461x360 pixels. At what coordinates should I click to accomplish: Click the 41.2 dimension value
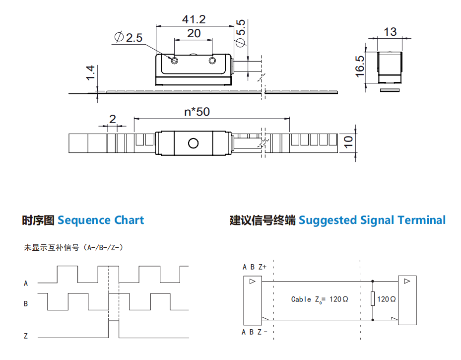coord(194,19)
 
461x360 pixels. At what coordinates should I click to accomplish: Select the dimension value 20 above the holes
coord(194,33)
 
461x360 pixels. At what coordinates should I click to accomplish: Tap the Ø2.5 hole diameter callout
coord(129,37)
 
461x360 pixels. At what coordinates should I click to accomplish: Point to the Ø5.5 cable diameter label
coord(241,33)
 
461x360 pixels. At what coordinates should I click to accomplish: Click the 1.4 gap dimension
coord(90,72)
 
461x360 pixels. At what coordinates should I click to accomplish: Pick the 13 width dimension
coord(390,32)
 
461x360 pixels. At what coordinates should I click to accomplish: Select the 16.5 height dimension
coord(360,67)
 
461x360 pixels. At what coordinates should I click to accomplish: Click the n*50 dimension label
coord(197,112)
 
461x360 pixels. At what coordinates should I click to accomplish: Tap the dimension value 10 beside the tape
coord(348,142)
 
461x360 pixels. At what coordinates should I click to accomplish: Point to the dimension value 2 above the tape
coord(112,119)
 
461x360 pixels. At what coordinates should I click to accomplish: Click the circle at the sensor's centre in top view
coord(193,144)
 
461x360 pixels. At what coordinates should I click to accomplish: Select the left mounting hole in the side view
coord(174,61)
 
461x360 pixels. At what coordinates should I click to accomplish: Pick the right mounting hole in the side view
coord(212,61)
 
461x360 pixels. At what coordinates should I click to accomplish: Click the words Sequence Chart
coord(101,220)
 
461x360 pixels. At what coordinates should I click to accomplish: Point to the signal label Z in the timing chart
coord(26,336)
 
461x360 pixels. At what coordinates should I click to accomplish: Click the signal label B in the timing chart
coord(26,303)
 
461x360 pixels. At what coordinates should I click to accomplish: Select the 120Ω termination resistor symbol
coord(373,299)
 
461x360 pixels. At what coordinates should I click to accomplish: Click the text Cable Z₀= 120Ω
coord(320,299)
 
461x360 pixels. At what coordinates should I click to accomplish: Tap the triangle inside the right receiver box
coord(407,281)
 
